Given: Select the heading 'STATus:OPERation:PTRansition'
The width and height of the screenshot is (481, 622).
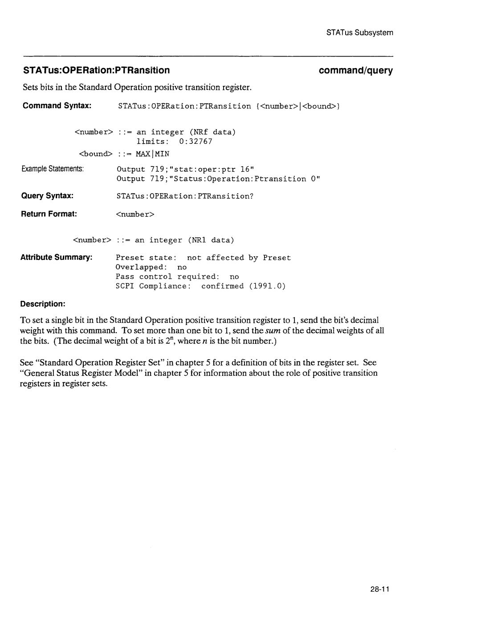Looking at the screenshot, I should point(96,70).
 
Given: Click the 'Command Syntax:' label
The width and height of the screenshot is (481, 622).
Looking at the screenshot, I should point(57,106).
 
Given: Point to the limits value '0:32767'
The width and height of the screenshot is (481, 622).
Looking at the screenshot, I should point(196,142).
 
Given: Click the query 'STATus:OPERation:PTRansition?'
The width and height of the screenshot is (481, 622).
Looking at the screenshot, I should point(185,196).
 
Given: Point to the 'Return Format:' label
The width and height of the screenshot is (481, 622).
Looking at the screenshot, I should point(49,214).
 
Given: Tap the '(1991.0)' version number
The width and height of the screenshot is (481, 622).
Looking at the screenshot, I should point(267,286).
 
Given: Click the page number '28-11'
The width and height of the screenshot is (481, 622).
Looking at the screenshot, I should point(379,589).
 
